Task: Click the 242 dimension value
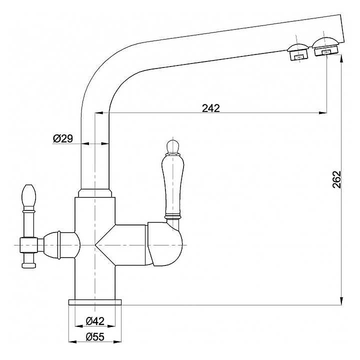211,108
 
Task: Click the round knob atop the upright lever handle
171,145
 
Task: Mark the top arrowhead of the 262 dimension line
341,58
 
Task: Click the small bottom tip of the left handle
28,263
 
